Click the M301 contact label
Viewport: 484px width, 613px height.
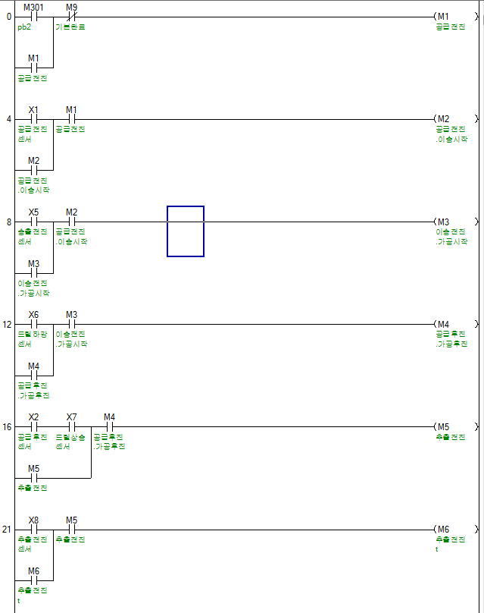(x=33, y=7)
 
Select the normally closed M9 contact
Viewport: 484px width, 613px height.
(x=72, y=17)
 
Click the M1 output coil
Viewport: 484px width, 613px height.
(x=443, y=17)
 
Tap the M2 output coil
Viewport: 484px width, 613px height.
(x=443, y=119)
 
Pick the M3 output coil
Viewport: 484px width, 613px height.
(x=443, y=222)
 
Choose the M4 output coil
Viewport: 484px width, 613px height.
(x=443, y=324)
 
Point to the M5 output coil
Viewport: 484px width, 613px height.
(x=443, y=426)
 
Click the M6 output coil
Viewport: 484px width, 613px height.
(x=443, y=529)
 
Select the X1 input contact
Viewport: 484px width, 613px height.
(x=33, y=119)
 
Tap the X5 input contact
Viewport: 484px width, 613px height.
(x=33, y=222)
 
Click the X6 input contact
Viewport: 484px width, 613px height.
(x=33, y=324)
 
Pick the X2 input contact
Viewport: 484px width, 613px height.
(x=33, y=426)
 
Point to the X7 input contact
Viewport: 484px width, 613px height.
(x=72, y=426)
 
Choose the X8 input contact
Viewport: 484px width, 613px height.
(x=33, y=529)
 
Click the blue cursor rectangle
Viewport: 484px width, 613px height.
(x=186, y=231)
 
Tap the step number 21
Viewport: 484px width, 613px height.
(x=8, y=529)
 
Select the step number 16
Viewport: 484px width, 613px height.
(x=8, y=426)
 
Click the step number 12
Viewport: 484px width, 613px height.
(x=8, y=324)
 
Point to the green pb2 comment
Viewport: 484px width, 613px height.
(x=24, y=27)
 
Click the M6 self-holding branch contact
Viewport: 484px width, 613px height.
(x=33, y=580)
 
